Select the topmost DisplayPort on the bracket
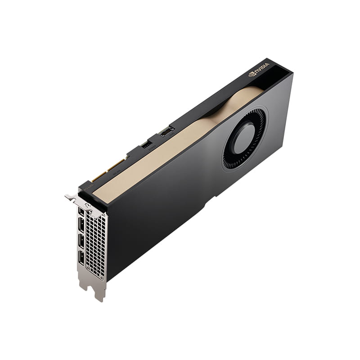[x=81, y=211]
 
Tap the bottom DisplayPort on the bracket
[x=81, y=257]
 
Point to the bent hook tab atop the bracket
[x=71, y=197]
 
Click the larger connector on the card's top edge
[x=166, y=131]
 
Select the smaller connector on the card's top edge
[x=146, y=144]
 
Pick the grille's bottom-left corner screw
[x=87, y=269]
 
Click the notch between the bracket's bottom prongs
[x=90, y=288]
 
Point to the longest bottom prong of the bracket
[x=99, y=292]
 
